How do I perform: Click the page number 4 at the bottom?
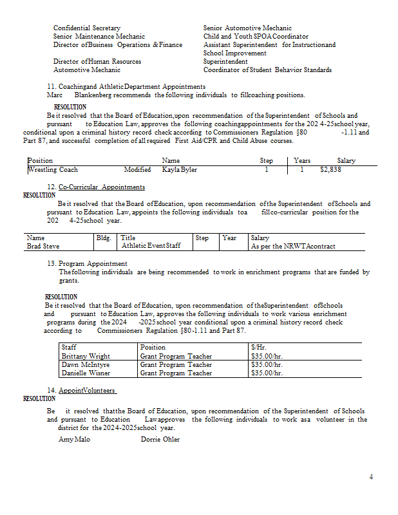coord(371,477)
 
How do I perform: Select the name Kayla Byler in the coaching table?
coord(180,170)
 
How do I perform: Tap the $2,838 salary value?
coord(330,170)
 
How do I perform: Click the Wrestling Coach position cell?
coord(53,170)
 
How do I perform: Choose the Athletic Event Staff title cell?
coord(151,246)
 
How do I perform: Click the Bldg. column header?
coord(104,238)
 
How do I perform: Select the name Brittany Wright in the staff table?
coord(86,356)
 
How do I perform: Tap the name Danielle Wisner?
coord(85,373)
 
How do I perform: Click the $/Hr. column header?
coord(259,348)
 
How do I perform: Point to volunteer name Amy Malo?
coord(74,439)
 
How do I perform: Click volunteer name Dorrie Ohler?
coord(160,439)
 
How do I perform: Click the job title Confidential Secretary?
coord(87,28)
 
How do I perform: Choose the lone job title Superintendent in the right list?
coord(225,62)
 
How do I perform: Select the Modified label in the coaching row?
coord(138,170)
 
